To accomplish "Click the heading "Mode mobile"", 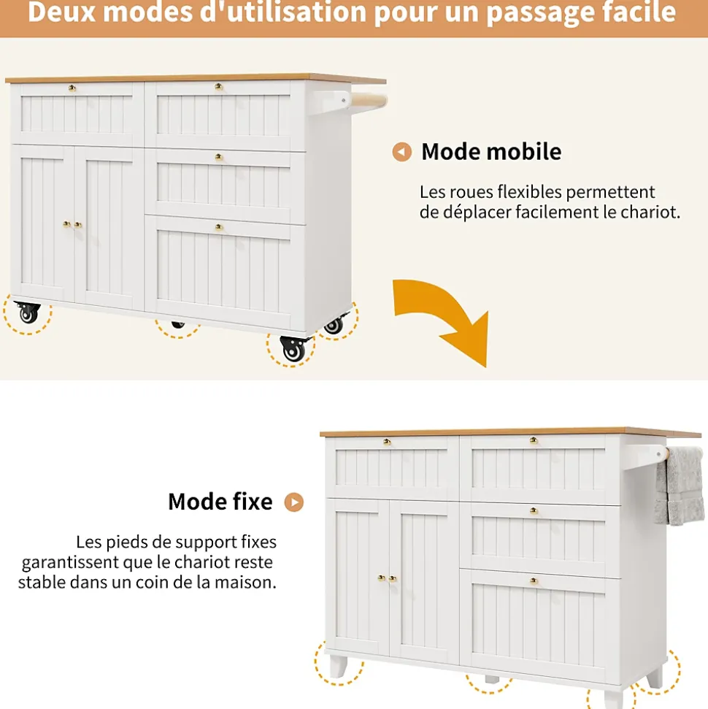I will [491, 152].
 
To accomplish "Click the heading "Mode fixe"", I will [220, 502].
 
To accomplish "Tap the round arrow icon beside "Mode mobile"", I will [401, 152].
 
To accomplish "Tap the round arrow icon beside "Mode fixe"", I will [294, 502].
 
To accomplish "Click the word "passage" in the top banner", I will [550, 12].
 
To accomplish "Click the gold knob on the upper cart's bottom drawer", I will [218, 228].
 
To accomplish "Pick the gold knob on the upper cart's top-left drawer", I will [72, 88].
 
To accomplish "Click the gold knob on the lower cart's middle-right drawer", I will [534, 511].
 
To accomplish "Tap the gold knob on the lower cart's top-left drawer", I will [387, 442].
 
